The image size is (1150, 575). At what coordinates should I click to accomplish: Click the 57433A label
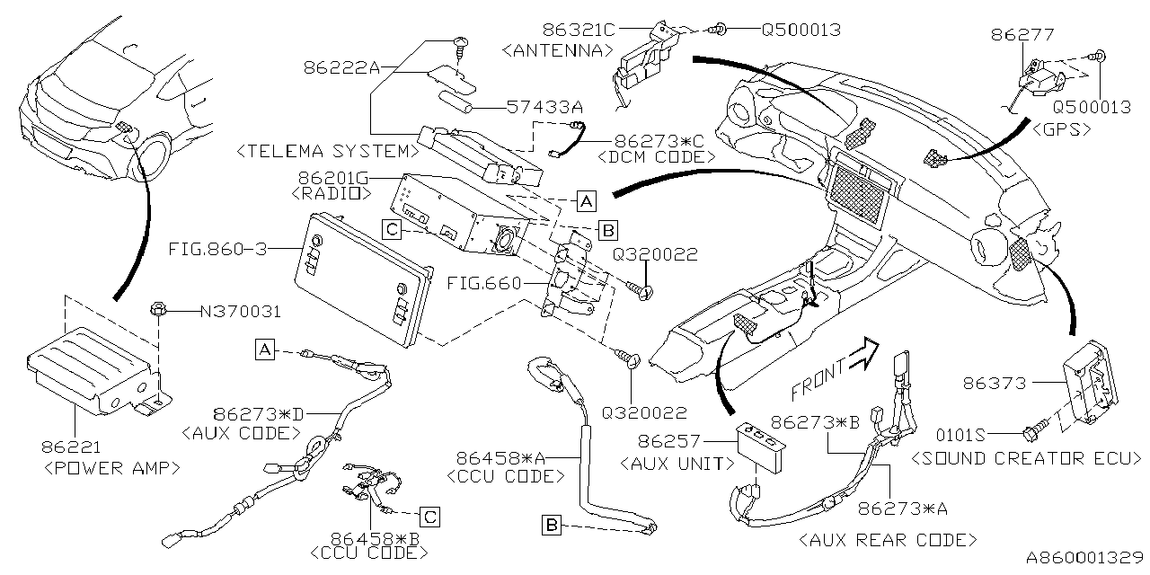click(x=544, y=107)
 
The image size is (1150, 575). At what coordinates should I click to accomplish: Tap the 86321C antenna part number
click(x=573, y=30)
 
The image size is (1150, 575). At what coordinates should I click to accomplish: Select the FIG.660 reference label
click(x=482, y=284)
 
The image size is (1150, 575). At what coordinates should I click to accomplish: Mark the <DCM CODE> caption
click(x=656, y=157)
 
